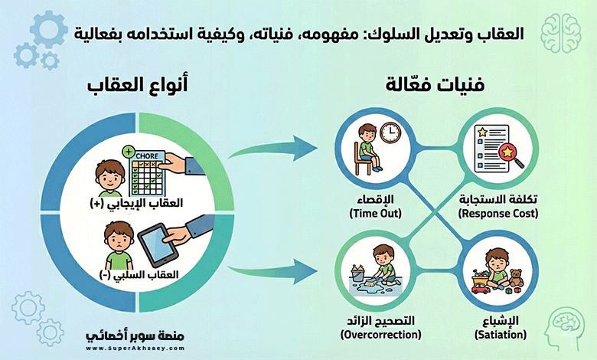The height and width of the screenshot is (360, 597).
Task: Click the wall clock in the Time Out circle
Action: click(390, 133)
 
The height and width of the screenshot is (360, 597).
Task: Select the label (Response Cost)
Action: click(497, 214)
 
